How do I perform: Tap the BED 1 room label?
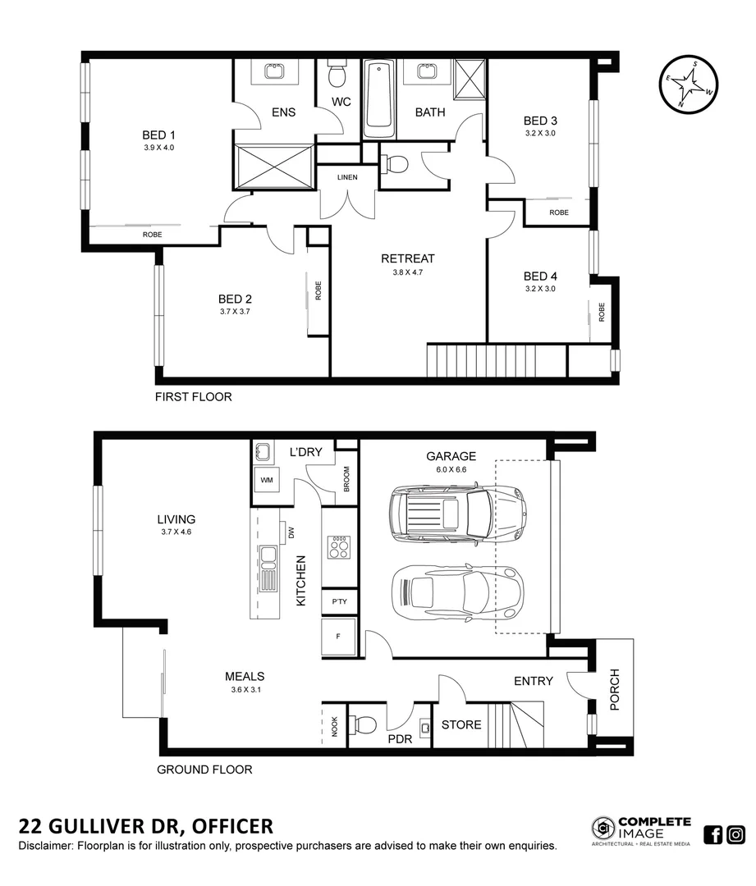pos(159,135)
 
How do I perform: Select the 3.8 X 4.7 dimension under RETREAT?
pos(407,272)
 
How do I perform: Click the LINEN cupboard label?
pos(347,177)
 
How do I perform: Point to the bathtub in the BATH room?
pos(378,98)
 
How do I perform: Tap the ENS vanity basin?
pos(274,71)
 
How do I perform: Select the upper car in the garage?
pos(456,514)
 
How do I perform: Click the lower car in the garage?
pos(456,591)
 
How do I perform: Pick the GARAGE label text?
pos(451,456)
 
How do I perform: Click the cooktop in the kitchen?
pos(337,546)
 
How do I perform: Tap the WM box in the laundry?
pos(267,479)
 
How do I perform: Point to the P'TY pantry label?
pos(339,601)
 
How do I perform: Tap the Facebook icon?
pos(713,834)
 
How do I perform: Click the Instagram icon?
pos(736,834)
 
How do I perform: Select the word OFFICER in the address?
pos(233,825)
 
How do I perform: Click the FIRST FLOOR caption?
pos(194,396)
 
